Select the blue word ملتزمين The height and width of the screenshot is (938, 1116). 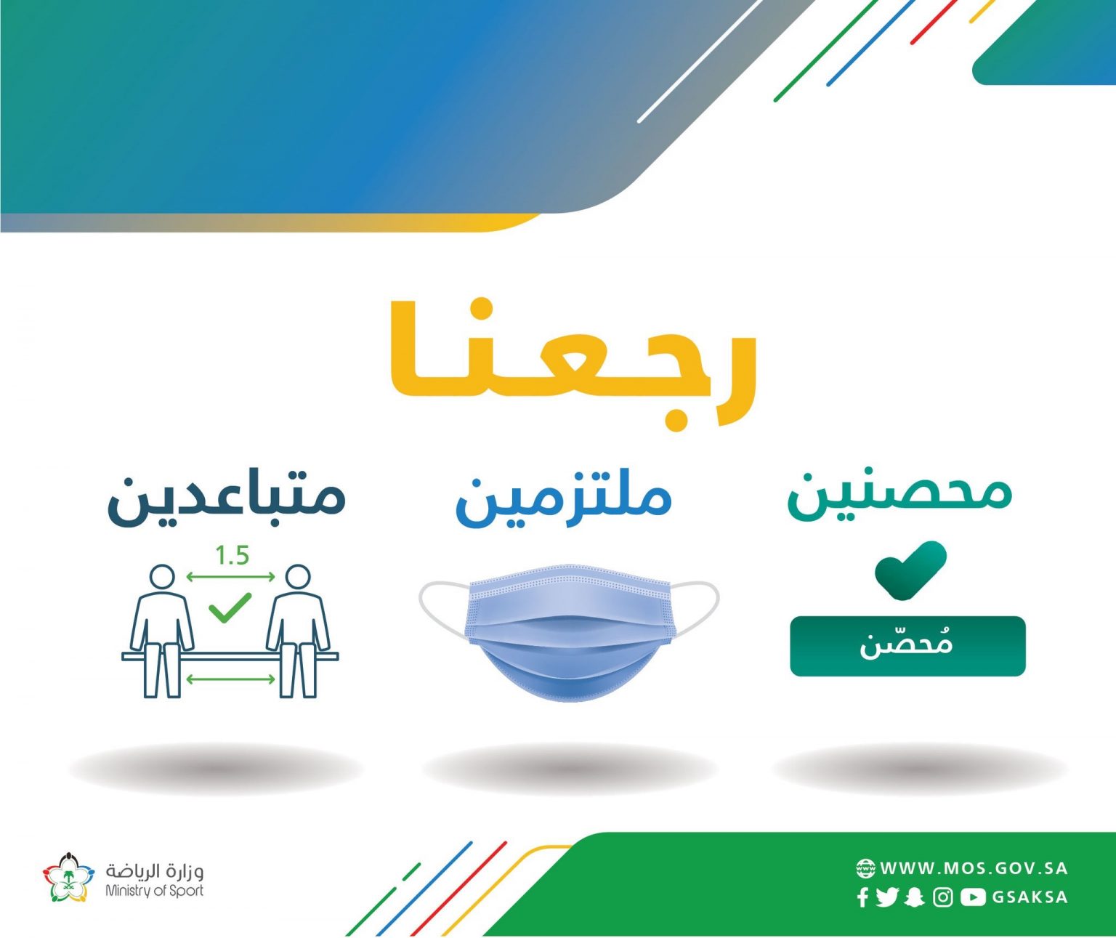coord(563,500)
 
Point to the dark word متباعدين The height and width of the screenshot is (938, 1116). coord(227,500)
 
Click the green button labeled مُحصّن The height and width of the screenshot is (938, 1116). coord(907,646)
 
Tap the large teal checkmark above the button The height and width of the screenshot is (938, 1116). coord(911,570)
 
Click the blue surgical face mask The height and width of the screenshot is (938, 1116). coord(569,632)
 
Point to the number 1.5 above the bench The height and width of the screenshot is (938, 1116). coord(232,556)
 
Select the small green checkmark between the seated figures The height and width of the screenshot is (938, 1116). coord(230,607)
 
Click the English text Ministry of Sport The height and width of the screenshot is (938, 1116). coord(155,891)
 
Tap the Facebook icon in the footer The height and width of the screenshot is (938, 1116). coord(862,897)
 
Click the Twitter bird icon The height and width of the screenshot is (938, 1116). coord(887,897)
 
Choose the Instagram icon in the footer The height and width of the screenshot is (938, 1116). coord(943,897)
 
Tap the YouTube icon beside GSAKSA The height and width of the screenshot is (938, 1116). coord(973,897)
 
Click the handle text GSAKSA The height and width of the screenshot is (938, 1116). coord(1030,897)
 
